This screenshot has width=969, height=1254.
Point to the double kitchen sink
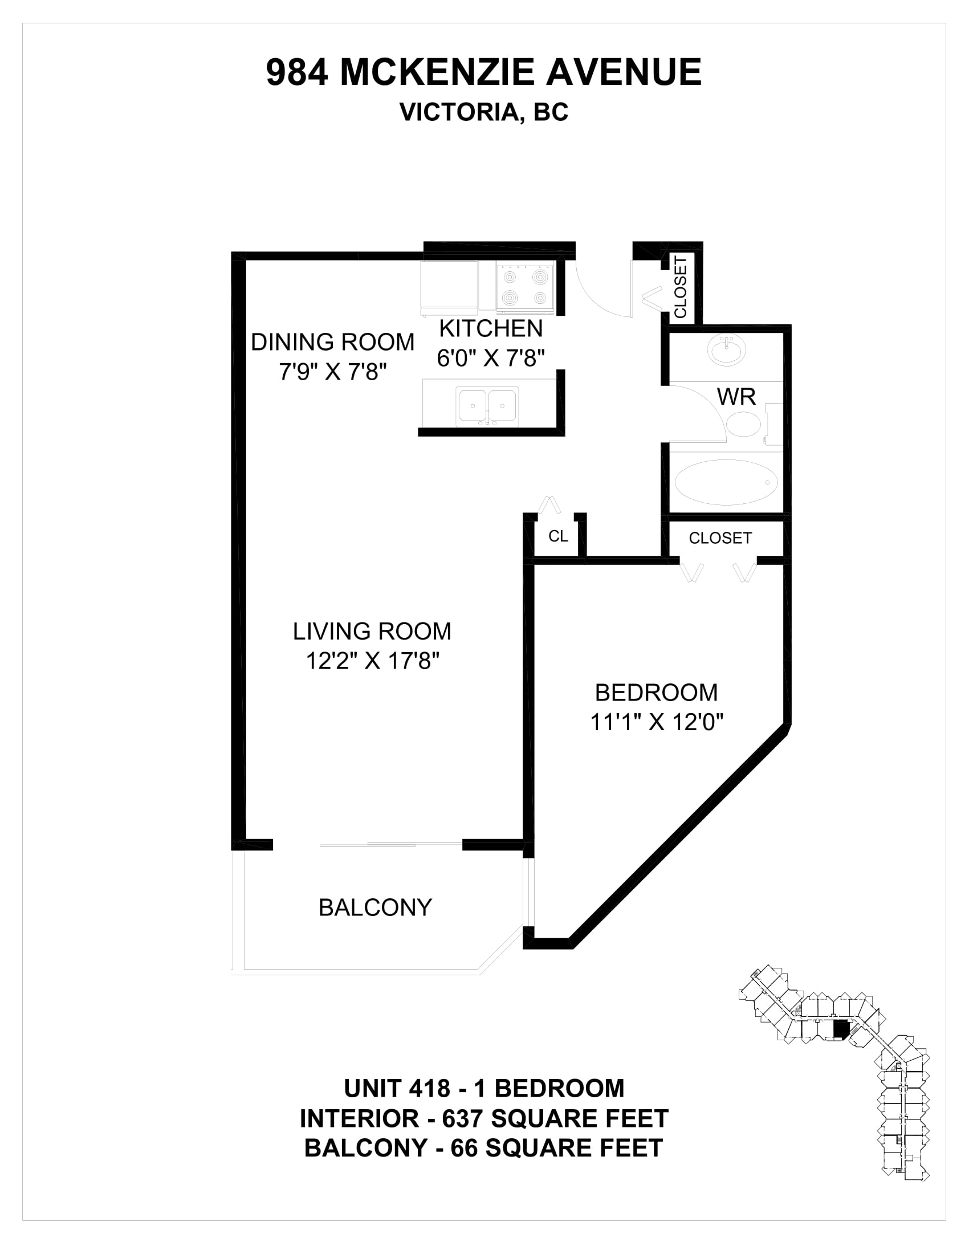487,406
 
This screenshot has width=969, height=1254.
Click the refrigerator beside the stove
450,289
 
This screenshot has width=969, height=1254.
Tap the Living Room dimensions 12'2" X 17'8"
373,661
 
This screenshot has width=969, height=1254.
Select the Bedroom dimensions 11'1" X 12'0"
657,722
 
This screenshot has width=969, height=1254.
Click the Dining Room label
333,342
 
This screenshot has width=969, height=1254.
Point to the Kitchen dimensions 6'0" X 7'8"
491,359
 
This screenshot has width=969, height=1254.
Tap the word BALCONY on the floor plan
376,908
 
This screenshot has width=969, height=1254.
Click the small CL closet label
559,536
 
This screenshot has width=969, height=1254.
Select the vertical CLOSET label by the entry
681,287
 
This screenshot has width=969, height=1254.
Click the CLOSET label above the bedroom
720,538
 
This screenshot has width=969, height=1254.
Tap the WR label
736,397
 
